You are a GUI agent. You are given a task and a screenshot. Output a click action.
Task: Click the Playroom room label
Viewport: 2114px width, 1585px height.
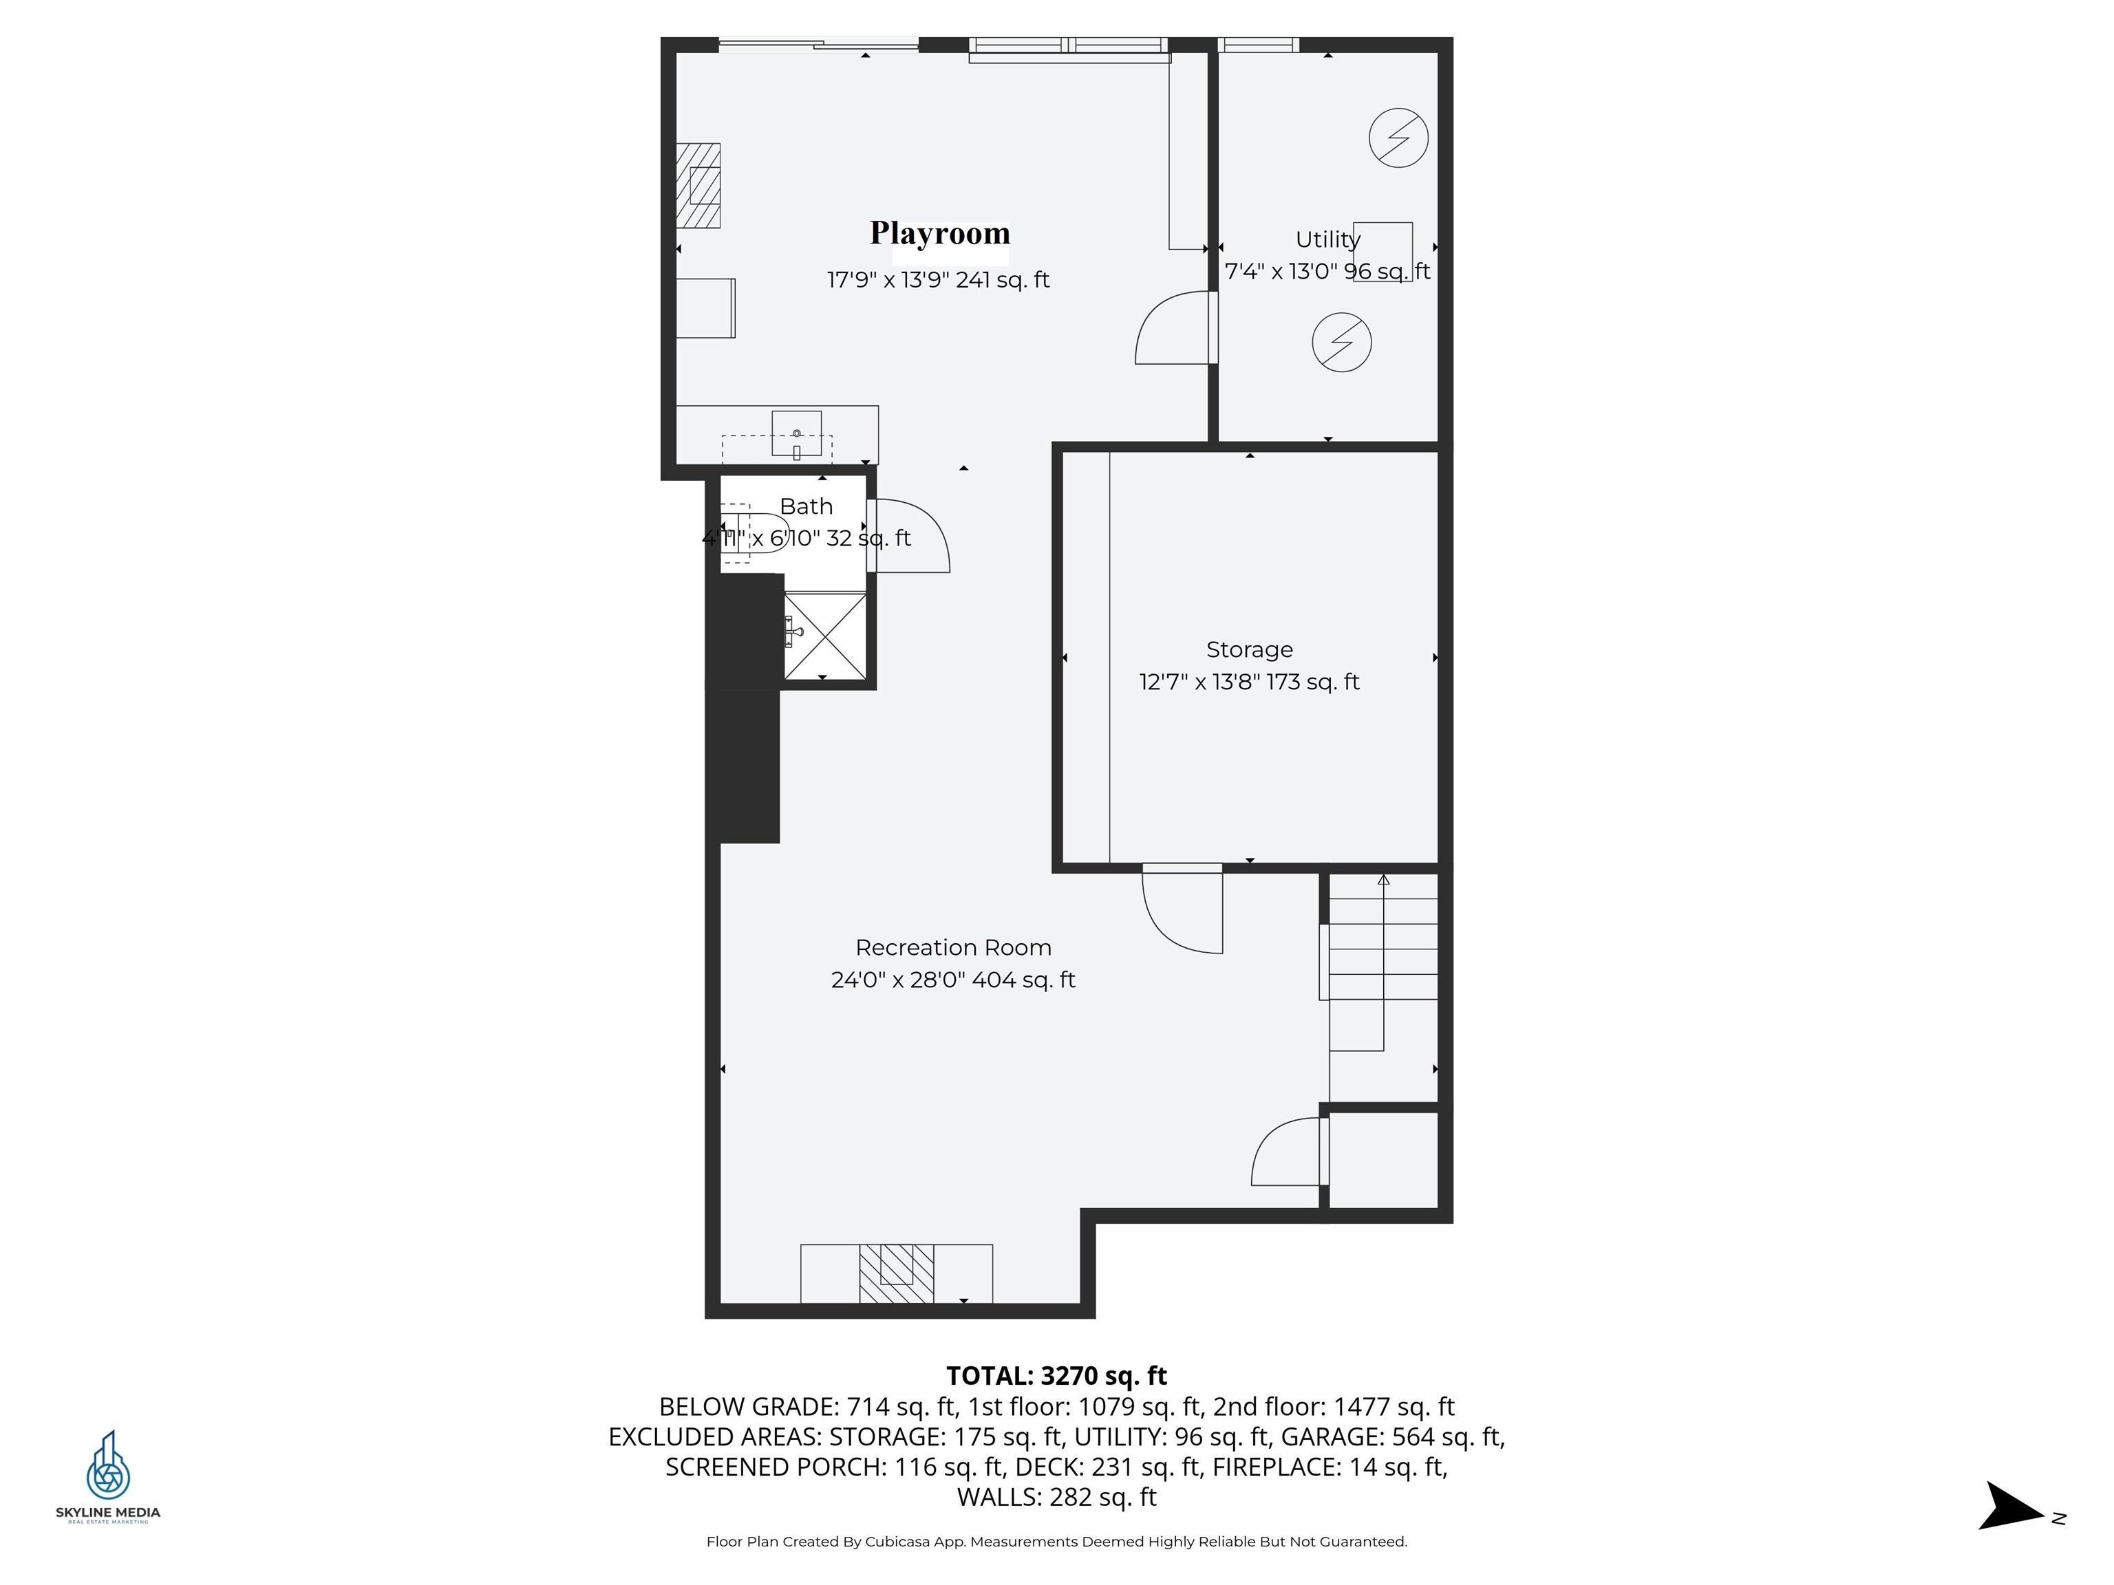[x=939, y=233]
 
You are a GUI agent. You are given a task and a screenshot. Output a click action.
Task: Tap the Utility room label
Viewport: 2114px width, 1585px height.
[x=1327, y=240]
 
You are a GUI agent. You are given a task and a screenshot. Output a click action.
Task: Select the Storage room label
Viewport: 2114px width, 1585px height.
[x=1249, y=649]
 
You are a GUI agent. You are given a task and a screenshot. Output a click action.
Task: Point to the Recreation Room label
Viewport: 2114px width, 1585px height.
[x=953, y=948]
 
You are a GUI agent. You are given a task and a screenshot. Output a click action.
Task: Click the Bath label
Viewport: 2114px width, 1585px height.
[x=806, y=506]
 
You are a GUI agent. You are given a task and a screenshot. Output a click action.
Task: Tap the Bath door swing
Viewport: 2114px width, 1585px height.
[x=910, y=537]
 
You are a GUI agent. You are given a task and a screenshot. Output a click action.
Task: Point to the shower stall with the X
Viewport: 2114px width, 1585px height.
[x=825, y=636]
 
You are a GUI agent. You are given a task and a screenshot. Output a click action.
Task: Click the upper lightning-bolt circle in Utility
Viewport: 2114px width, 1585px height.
[x=1398, y=138]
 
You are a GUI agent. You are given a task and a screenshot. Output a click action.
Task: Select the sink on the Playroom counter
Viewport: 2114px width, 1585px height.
[x=796, y=435]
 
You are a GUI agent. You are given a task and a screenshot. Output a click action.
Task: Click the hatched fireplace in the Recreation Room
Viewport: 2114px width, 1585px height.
[x=897, y=1273]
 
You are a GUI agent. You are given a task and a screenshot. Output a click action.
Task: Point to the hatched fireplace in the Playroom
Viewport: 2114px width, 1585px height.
[x=698, y=185]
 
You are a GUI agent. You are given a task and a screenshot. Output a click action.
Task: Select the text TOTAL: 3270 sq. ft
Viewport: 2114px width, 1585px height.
[x=1056, y=1376]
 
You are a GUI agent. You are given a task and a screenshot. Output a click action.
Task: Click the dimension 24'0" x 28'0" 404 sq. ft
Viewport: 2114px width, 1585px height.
[x=953, y=980]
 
